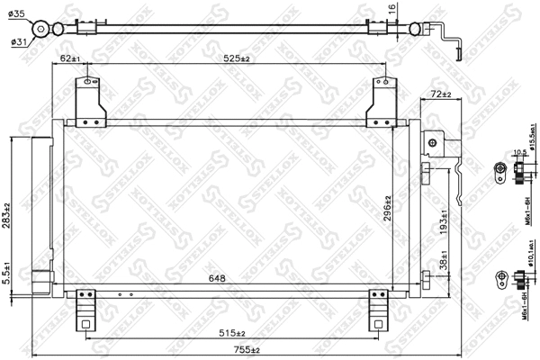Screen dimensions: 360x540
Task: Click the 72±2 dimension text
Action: tap(441, 94)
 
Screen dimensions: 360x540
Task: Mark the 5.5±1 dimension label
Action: tap(7, 272)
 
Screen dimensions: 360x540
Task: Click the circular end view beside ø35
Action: tap(40, 30)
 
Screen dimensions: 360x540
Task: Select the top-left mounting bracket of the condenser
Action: tap(89, 99)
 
